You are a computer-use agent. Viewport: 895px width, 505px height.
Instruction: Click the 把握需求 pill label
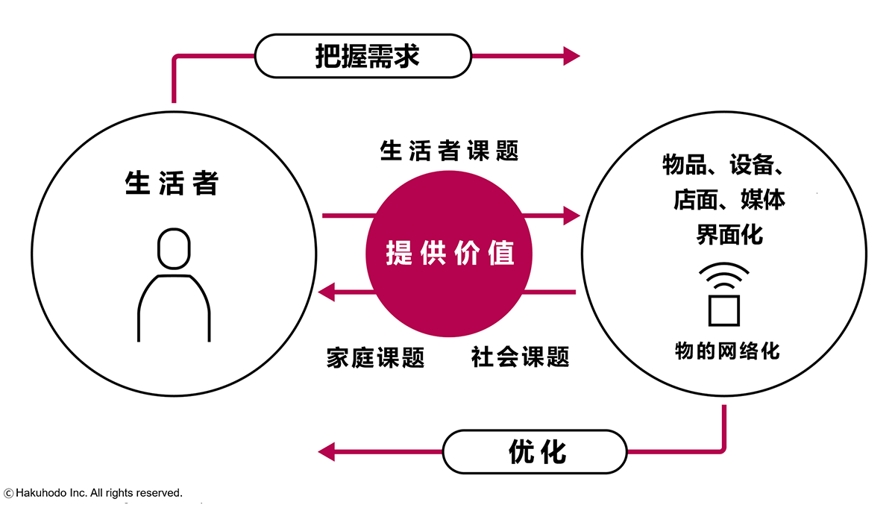pyautogui.click(x=363, y=57)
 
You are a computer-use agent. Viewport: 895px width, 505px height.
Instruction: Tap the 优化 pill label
pyautogui.click(x=536, y=451)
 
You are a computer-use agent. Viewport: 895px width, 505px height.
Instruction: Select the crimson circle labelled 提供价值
pyautogui.click(x=449, y=254)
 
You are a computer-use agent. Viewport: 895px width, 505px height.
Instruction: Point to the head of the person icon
pyautogui.click(x=174, y=248)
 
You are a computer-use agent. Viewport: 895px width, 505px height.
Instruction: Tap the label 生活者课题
pyautogui.click(x=449, y=151)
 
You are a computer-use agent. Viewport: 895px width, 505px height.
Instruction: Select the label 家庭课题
pyautogui.click(x=375, y=357)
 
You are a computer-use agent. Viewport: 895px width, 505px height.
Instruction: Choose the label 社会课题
pyautogui.click(x=520, y=357)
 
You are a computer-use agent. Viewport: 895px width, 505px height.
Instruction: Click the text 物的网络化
pyautogui.click(x=727, y=351)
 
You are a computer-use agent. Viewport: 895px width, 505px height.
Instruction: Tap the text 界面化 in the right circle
pyautogui.click(x=729, y=235)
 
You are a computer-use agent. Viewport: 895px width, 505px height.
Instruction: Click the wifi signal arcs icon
pyautogui.click(x=724, y=277)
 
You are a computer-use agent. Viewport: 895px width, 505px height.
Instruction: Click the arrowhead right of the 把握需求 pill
pyautogui.click(x=571, y=56)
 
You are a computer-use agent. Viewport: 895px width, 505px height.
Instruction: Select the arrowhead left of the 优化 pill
pyautogui.click(x=327, y=451)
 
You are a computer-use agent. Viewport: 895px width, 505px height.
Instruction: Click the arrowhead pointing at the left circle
pyautogui.click(x=327, y=292)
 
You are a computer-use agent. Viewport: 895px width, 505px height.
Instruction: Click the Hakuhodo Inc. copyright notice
pyautogui.click(x=93, y=493)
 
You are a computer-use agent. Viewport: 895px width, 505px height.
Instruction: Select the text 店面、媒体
pyautogui.click(x=729, y=200)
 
